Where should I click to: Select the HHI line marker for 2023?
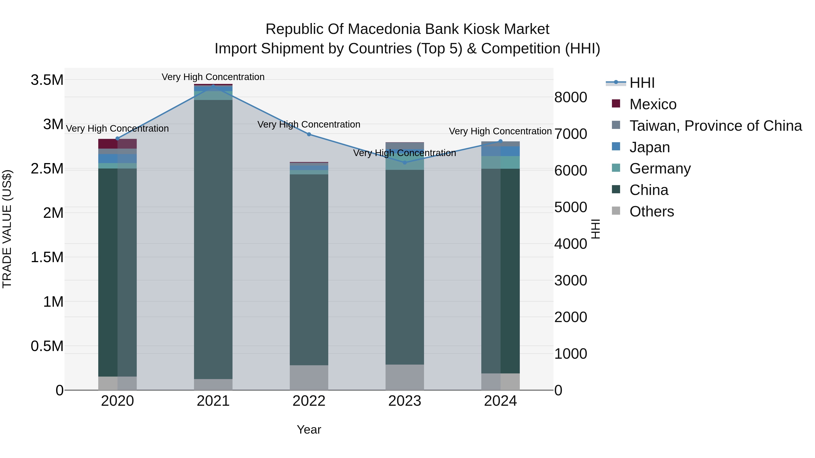pyautogui.click(x=405, y=162)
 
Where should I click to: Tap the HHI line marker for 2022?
pyautogui.click(x=309, y=134)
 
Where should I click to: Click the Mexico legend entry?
pyautogui.click(x=653, y=104)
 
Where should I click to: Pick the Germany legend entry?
pyautogui.click(x=660, y=168)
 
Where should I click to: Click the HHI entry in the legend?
pyautogui.click(x=642, y=83)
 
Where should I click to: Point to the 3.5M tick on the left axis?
pyautogui.click(x=47, y=80)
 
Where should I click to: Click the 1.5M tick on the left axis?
pyautogui.click(x=47, y=257)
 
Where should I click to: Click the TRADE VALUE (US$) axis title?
pyautogui.click(x=7, y=229)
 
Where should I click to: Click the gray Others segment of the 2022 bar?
pyautogui.click(x=309, y=377)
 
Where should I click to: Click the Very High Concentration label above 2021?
pyautogui.click(x=213, y=77)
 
